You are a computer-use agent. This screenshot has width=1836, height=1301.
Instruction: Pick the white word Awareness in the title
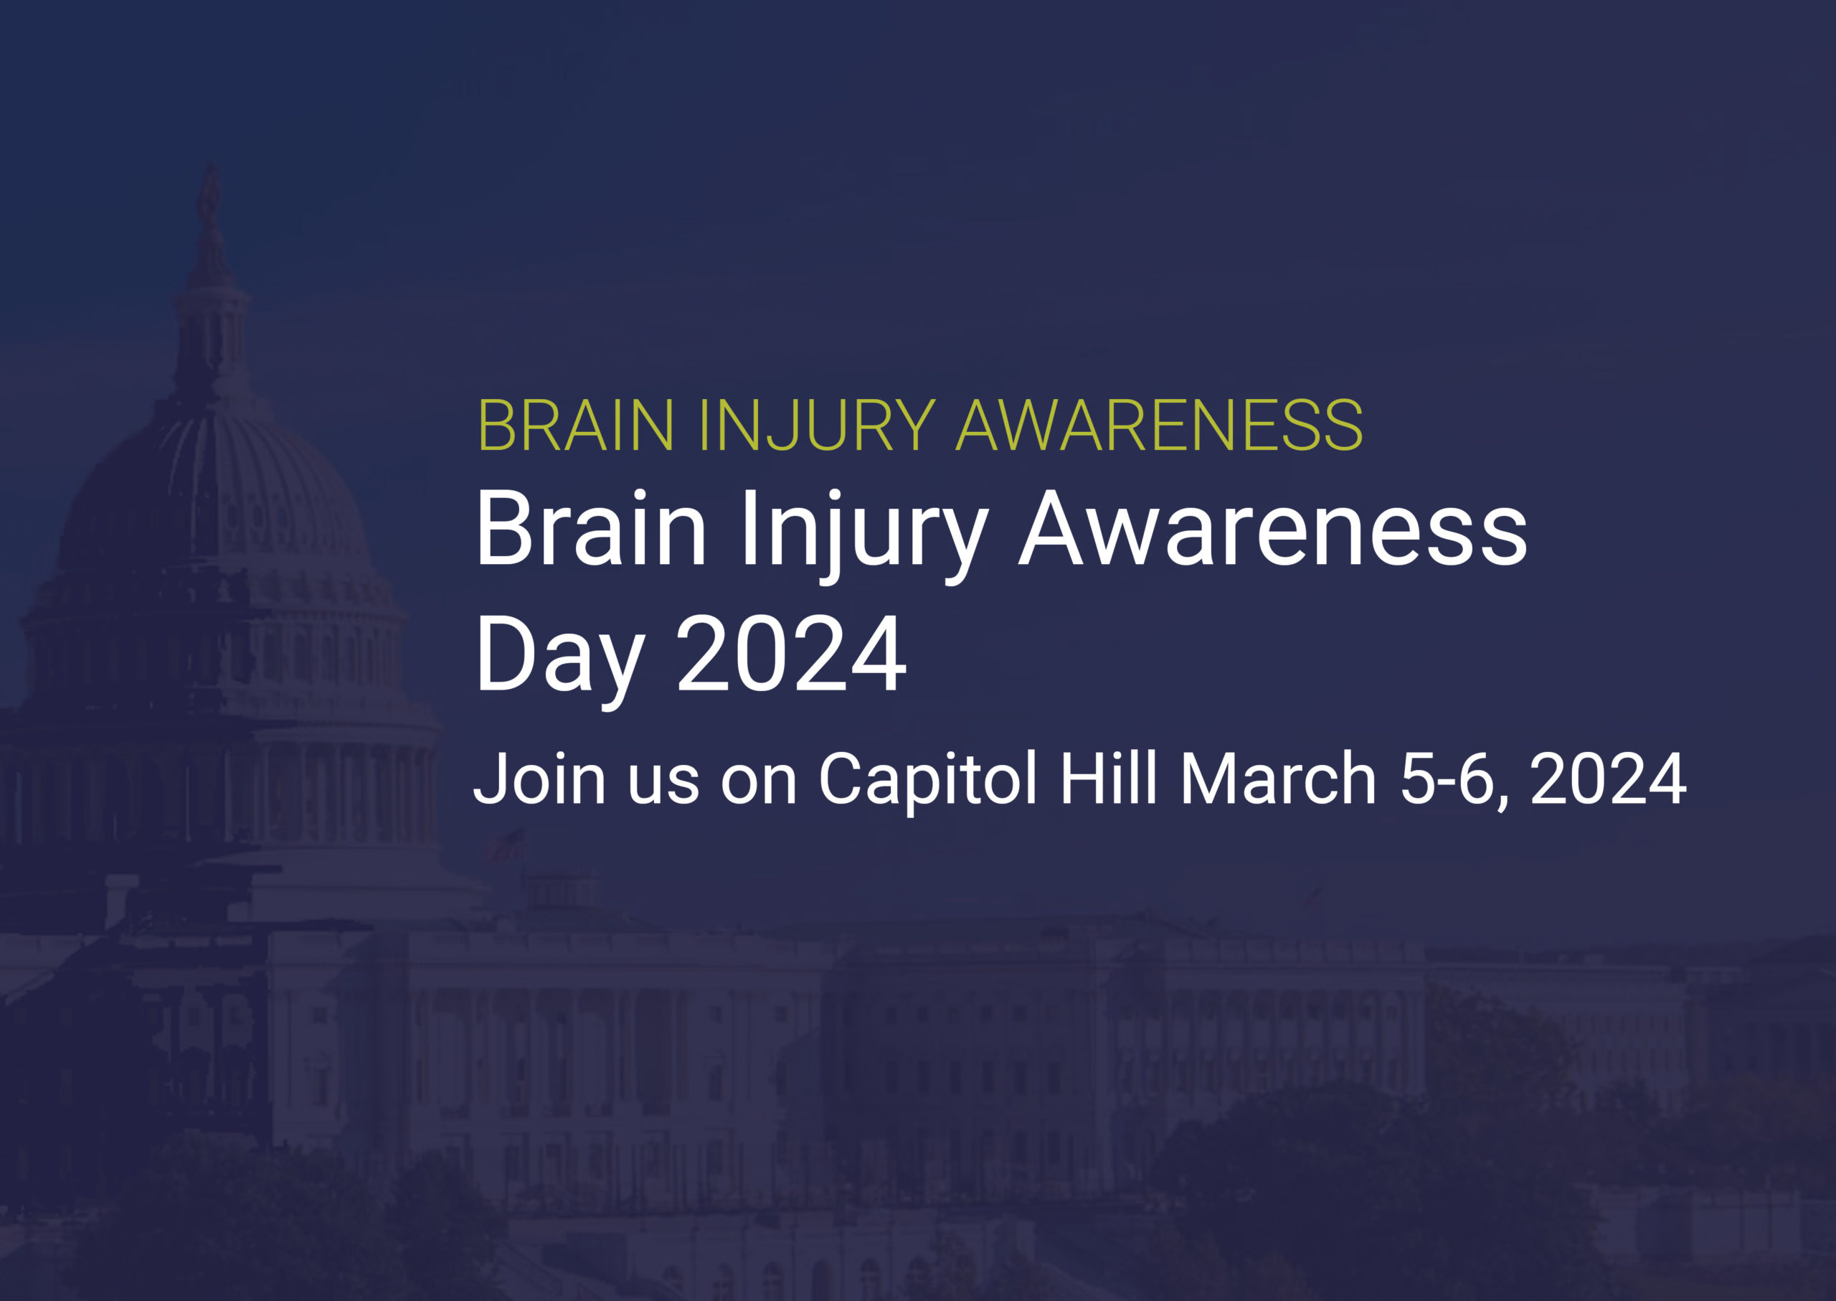[1273, 530]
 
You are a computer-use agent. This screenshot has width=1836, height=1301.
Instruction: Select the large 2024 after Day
[792, 654]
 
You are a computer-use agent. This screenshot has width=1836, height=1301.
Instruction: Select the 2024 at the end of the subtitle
[1609, 778]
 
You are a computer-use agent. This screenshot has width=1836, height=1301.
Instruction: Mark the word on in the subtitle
[758, 785]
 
